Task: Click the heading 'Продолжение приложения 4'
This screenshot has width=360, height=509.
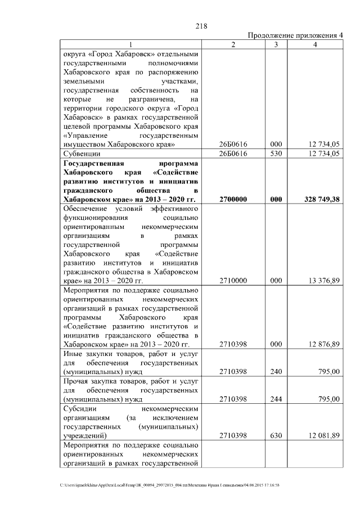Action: [295, 35]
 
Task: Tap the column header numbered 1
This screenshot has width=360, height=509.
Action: [130, 44]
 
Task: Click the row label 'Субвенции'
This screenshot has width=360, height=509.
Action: [82, 153]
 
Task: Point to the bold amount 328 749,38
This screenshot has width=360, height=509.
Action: [319, 199]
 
